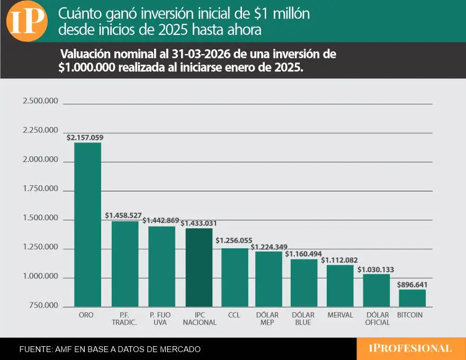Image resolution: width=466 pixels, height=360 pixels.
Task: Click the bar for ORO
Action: tap(88, 224)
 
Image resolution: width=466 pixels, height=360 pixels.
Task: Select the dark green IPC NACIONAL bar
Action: tap(199, 267)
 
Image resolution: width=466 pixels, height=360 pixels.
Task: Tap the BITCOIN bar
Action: tap(412, 298)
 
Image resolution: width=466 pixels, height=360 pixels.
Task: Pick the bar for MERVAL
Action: tap(340, 286)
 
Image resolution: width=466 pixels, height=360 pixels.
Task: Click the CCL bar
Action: tap(235, 277)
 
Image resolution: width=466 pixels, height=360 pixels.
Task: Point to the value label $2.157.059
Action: tap(85, 138)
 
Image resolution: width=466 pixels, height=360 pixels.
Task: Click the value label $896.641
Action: tap(412, 284)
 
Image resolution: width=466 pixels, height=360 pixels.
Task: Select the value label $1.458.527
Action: tap(123, 215)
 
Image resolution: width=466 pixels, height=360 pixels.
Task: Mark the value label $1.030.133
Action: tap(375, 269)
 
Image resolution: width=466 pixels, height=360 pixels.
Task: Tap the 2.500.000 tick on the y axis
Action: tap(40, 101)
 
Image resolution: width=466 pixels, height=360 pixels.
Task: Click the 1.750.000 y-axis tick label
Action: tap(40, 188)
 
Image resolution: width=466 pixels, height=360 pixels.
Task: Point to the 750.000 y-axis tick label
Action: tap(43, 305)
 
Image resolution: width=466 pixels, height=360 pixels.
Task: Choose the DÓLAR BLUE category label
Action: tap(303, 318)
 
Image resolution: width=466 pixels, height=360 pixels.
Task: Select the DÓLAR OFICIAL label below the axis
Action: tap(378, 318)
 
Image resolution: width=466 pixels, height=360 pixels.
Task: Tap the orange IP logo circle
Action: tap(26, 21)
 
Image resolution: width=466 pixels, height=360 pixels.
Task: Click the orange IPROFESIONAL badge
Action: tap(410, 349)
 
